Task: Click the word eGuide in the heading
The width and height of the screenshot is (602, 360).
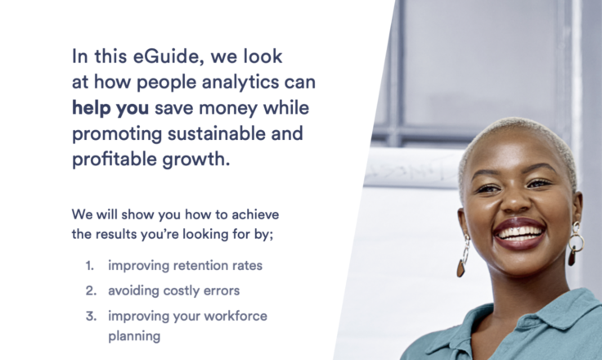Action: [x=166, y=56]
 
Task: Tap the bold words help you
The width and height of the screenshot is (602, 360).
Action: [x=110, y=108]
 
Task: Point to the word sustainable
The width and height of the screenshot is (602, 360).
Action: [x=216, y=133]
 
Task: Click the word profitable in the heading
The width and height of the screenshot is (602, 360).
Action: [x=114, y=160]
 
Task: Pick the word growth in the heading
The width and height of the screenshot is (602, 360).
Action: [x=195, y=160]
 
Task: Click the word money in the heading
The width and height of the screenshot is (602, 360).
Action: [x=228, y=108]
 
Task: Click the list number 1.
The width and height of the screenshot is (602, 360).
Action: [x=89, y=265]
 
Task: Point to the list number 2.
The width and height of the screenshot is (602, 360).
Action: [x=91, y=290]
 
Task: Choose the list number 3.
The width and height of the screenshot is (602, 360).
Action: [x=91, y=316]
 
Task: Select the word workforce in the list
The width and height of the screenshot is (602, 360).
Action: [x=236, y=316]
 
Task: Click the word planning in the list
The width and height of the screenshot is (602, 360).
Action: [x=134, y=336]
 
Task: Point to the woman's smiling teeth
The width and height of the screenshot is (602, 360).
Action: [x=519, y=232]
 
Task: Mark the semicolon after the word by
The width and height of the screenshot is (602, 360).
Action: [x=272, y=235]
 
